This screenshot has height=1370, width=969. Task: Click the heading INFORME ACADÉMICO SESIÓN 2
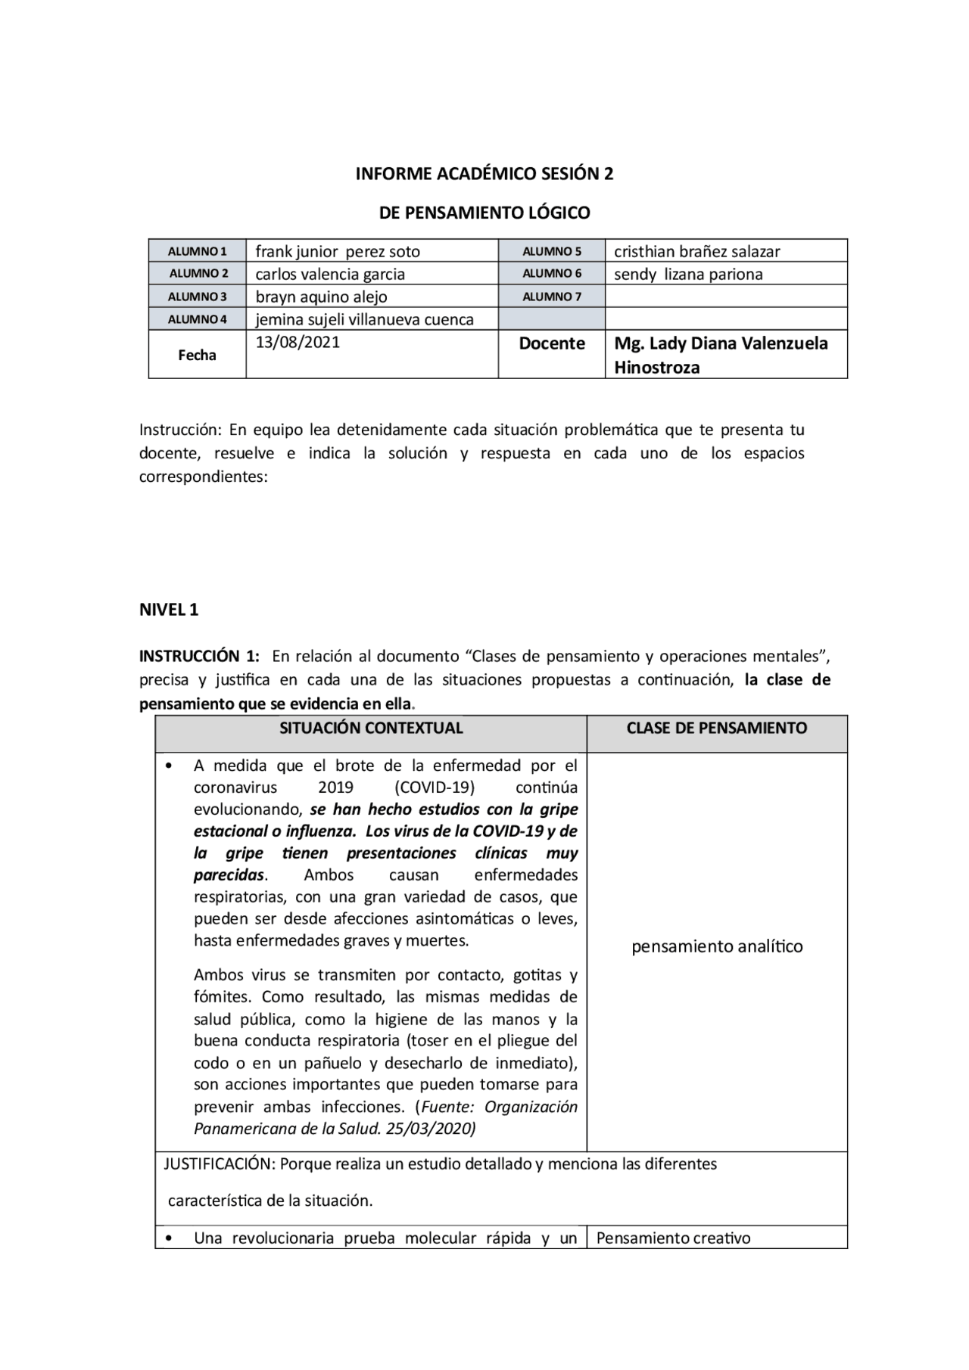pos(484,174)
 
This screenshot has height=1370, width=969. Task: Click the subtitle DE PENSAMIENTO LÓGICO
pos(484,213)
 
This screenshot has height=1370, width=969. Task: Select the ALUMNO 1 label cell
pos(197,251)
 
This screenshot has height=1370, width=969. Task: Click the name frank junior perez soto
pos(338,251)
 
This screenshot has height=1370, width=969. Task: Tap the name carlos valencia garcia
pos(330,274)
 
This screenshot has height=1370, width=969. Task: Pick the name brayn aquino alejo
pos(321,297)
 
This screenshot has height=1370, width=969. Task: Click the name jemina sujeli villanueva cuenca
pos(364,319)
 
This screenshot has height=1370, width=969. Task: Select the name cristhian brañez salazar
pos(696,251)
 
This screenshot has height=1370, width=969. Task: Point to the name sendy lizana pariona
pos(688,274)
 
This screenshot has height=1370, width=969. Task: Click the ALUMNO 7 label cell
pos(552,297)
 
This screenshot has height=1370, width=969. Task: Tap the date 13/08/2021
pos(298,342)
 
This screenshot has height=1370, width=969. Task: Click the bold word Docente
pos(552,343)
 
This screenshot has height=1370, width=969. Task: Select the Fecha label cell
pos(197,355)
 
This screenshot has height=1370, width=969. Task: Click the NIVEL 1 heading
pos(169,610)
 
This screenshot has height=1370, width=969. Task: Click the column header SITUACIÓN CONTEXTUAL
pos(371,728)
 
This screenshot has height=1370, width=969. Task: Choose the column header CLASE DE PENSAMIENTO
pos(716,728)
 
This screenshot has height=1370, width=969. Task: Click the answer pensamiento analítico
pos(717,946)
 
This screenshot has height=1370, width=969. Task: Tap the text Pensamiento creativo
pos(673,1238)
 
